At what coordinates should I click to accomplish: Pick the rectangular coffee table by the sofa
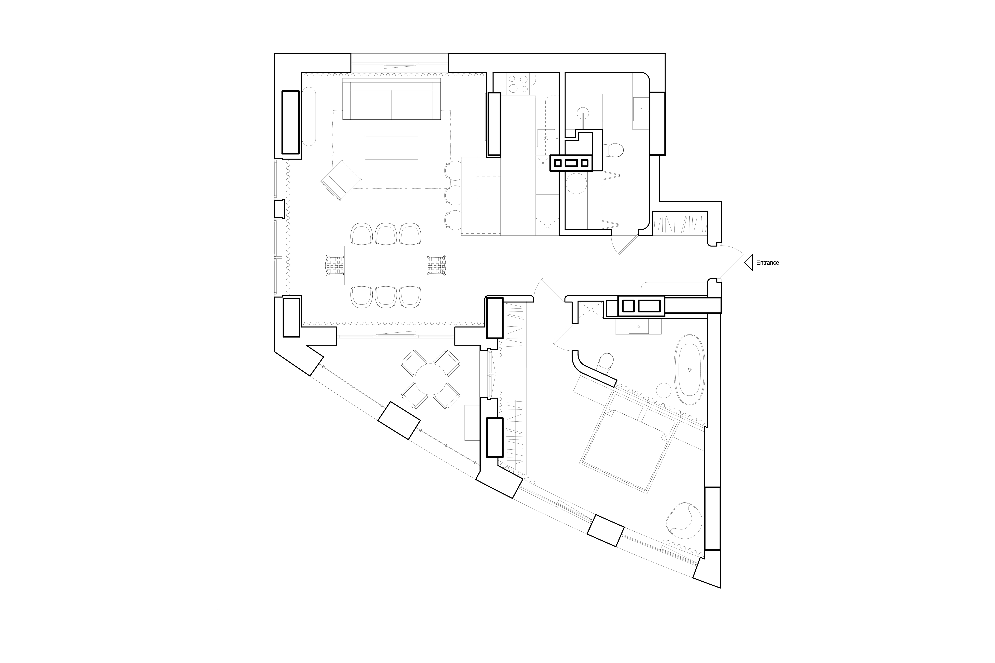(x=391, y=147)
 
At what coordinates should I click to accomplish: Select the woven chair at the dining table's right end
(x=436, y=265)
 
